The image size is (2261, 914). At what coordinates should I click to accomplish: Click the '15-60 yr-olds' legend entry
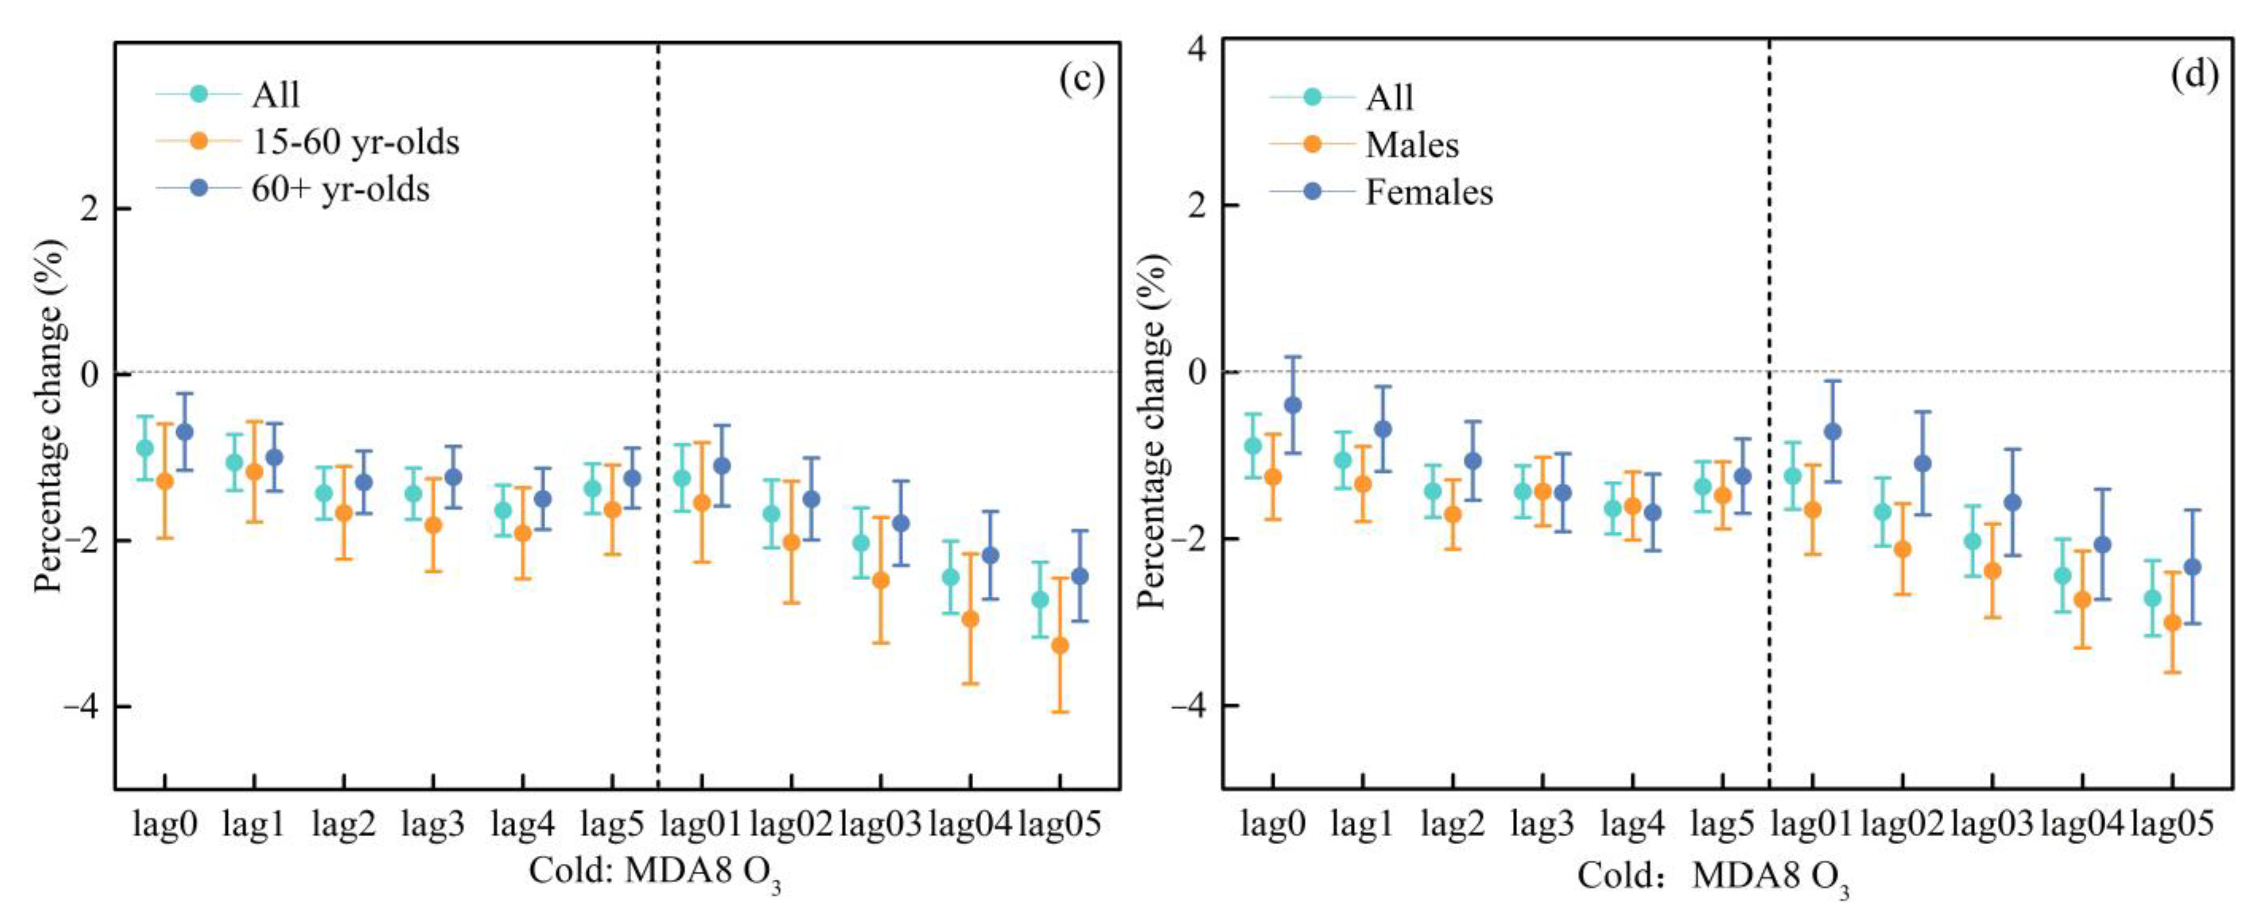(355, 142)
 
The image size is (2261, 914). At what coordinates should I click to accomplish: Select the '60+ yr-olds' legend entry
(340, 189)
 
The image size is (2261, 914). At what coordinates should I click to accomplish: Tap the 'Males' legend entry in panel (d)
(1411, 145)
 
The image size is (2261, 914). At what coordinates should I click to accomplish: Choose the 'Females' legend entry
(1428, 192)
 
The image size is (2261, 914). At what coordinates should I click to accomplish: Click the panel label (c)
(1081, 78)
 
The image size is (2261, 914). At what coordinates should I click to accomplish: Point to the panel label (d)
(2194, 76)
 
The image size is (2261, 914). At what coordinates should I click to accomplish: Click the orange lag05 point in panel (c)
(1060, 645)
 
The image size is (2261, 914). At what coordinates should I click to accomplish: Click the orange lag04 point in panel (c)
(970, 618)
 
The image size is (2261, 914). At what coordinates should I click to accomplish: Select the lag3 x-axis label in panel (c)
(433, 824)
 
